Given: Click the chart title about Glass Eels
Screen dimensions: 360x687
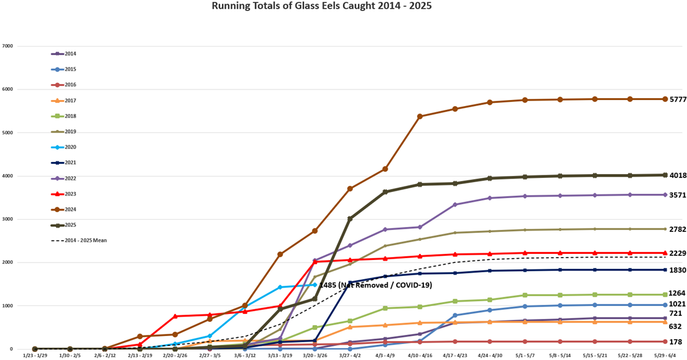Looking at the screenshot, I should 321,6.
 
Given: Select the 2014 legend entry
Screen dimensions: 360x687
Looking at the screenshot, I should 70,54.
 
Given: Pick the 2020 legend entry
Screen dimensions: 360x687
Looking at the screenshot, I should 70,147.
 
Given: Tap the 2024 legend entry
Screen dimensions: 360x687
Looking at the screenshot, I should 70,210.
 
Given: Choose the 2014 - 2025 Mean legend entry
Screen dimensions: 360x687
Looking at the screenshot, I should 85,240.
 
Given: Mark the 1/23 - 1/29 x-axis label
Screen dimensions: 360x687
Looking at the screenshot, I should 35,355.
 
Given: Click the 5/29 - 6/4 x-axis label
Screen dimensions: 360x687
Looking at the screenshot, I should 665,355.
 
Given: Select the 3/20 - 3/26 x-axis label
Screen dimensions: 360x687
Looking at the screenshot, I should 315,355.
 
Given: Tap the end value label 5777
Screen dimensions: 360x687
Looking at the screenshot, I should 678,99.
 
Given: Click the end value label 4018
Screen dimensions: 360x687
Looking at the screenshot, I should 678,175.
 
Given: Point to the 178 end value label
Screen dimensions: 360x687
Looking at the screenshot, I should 675,342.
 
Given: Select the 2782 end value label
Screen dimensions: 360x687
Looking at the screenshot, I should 678,229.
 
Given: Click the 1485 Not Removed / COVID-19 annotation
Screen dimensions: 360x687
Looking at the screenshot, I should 375,285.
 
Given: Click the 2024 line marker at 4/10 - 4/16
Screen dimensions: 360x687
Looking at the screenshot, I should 420,117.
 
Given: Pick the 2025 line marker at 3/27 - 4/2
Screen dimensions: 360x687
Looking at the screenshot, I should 350,218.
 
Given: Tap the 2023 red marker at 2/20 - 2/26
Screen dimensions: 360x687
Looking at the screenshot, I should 175,316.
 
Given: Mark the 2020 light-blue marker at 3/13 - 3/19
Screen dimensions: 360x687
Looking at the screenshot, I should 280,287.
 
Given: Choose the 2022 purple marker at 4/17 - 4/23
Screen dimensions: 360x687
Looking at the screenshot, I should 455,205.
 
